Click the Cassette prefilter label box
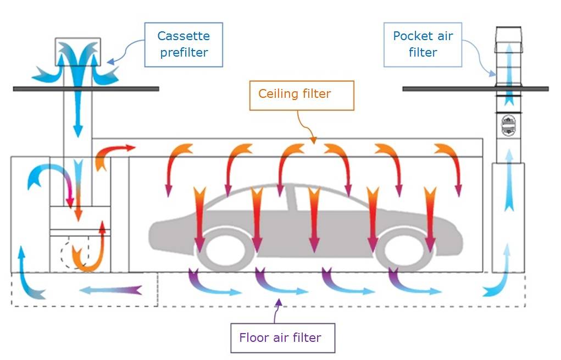pos(184,45)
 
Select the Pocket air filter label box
pos(423,45)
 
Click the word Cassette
pos(184,36)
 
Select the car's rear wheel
pos(222,250)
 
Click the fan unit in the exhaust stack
pos(509,126)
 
